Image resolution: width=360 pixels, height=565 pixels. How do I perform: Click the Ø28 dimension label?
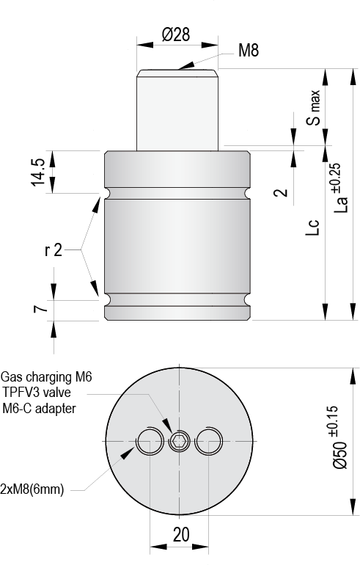click(176, 35)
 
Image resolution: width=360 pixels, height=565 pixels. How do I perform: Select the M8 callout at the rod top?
click(249, 51)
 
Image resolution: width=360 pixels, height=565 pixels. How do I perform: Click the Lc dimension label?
click(313, 227)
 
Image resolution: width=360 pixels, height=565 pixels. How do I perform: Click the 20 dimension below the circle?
click(180, 535)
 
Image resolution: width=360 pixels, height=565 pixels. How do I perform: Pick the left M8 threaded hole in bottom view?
click(150, 441)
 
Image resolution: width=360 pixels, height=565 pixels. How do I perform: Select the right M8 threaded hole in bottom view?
click(209, 440)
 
